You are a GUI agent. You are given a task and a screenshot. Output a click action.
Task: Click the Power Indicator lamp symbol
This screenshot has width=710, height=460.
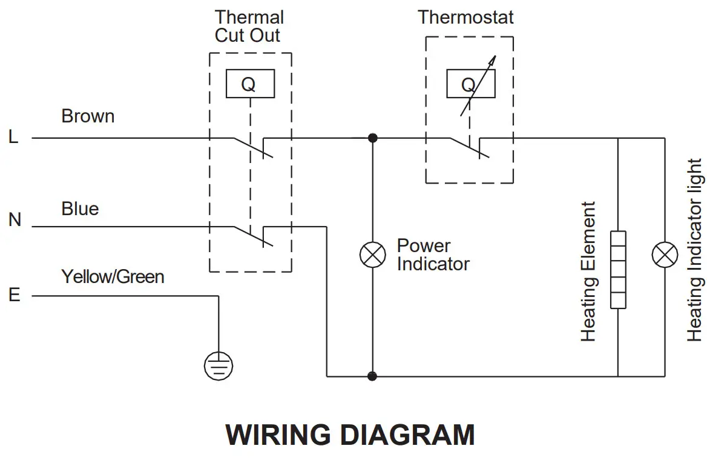click(x=373, y=255)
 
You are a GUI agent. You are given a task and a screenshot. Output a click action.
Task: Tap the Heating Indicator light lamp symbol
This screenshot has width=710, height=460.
click(x=665, y=255)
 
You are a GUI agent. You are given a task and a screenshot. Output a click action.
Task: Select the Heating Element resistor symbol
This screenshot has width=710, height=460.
click(x=618, y=270)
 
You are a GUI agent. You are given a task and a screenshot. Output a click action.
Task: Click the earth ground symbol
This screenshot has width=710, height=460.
click(x=219, y=365)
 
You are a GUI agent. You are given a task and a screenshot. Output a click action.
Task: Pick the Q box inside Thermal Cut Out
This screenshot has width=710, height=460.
click(x=251, y=84)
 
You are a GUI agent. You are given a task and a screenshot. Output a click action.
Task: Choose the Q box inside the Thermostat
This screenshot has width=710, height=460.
click(x=471, y=84)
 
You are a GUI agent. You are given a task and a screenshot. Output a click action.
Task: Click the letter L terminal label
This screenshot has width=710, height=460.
click(x=13, y=136)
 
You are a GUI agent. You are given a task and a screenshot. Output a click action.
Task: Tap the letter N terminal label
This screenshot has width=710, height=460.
click(x=15, y=220)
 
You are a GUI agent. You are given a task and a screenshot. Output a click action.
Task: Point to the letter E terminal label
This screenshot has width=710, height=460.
click(x=15, y=295)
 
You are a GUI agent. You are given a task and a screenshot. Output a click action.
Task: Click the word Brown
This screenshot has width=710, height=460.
click(x=88, y=116)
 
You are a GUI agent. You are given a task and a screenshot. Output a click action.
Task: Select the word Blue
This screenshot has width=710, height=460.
click(x=80, y=208)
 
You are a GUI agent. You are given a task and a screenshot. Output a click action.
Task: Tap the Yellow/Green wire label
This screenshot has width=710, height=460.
click(x=113, y=276)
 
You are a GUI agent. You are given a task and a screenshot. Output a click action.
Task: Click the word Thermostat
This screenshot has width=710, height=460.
click(x=465, y=17)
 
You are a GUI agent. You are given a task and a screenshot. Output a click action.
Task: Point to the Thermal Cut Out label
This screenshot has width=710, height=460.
click(x=249, y=26)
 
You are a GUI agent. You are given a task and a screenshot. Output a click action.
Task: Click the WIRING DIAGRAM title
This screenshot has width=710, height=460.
click(x=350, y=435)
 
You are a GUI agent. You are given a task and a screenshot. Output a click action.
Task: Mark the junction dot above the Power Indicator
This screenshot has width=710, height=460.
click(x=373, y=138)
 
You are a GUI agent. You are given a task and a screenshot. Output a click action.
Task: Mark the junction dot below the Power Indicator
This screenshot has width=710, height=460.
click(x=372, y=376)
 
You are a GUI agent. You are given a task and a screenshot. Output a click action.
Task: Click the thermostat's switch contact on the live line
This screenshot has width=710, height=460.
click(x=470, y=147)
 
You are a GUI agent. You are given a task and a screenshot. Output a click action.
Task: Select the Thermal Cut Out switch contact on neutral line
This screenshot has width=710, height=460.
click(x=254, y=236)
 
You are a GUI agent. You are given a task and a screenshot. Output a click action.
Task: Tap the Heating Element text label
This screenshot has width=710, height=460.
click(x=588, y=272)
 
